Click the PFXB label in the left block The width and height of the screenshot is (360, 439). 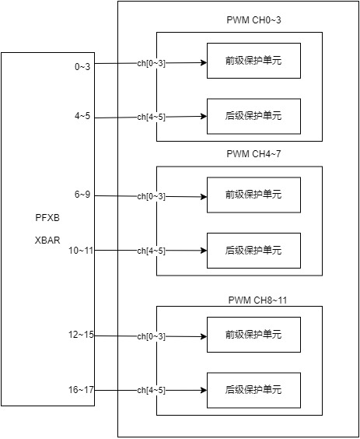(x=47, y=218)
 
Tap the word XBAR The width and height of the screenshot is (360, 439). (x=47, y=241)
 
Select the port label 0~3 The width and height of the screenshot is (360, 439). (x=82, y=67)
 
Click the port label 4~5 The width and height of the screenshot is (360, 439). (x=82, y=116)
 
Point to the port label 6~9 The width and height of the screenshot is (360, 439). (x=82, y=195)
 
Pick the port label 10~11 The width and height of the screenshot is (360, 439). (x=81, y=251)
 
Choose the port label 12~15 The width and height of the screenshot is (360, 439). (x=81, y=334)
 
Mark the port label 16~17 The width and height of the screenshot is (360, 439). (x=81, y=389)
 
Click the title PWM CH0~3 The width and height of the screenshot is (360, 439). (x=253, y=20)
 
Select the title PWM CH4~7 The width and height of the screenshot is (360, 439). (x=253, y=153)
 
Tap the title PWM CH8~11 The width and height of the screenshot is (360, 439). (x=257, y=300)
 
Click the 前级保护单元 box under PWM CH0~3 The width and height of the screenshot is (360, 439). (x=253, y=61)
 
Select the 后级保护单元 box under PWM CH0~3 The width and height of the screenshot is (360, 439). (x=253, y=116)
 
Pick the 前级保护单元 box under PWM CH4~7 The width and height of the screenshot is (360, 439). (x=253, y=195)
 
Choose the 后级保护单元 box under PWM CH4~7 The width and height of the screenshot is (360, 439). (x=253, y=251)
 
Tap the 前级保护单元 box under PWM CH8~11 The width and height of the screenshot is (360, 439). (x=253, y=335)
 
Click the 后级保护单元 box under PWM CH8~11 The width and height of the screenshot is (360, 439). (x=253, y=390)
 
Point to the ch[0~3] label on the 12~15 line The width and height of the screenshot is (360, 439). (x=152, y=336)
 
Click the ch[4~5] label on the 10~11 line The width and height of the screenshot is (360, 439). (x=152, y=251)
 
